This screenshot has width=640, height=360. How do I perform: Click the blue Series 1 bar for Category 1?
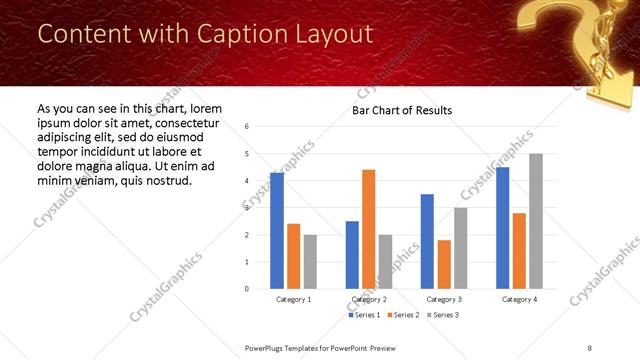[x=277, y=231]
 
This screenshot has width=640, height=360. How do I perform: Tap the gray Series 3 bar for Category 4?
[x=536, y=221]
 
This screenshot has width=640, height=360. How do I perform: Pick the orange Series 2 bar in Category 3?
[x=444, y=264]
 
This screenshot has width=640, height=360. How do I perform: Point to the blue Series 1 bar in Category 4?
[x=502, y=228]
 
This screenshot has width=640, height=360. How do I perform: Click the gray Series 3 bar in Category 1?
[x=310, y=262]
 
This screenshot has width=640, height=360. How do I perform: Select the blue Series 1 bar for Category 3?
[x=427, y=241]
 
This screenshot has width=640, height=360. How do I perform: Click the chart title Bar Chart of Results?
[x=402, y=110]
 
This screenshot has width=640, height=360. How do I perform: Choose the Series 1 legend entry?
[x=363, y=315]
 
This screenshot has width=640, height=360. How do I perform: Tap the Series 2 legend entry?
[x=403, y=315]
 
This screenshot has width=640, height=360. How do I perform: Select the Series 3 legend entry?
[x=442, y=315]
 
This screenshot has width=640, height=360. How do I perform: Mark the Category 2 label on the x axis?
[x=368, y=299]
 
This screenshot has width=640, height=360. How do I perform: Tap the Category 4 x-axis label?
[x=519, y=299]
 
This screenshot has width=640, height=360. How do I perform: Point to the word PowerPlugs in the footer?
[x=267, y=348]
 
